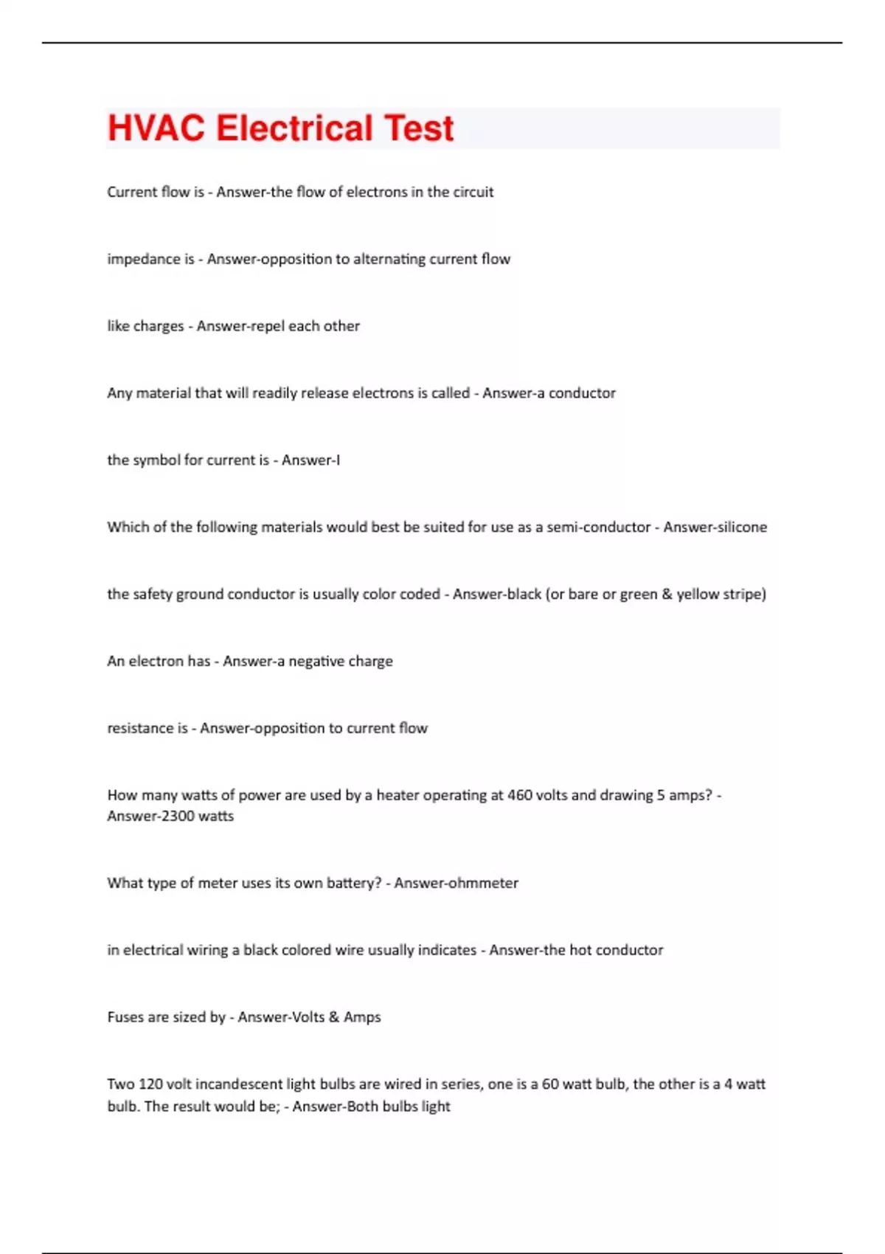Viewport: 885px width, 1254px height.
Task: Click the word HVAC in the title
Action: click(156, 128)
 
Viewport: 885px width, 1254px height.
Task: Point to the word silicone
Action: click(742, 527)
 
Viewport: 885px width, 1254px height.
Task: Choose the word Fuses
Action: click(125, 1017)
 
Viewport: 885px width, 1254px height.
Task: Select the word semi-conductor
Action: click(598, 527)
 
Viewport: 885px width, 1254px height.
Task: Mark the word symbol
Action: click(156, 460)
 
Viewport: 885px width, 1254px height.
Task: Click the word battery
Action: click(351, 883)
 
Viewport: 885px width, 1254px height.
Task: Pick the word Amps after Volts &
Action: click(362, 1017)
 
